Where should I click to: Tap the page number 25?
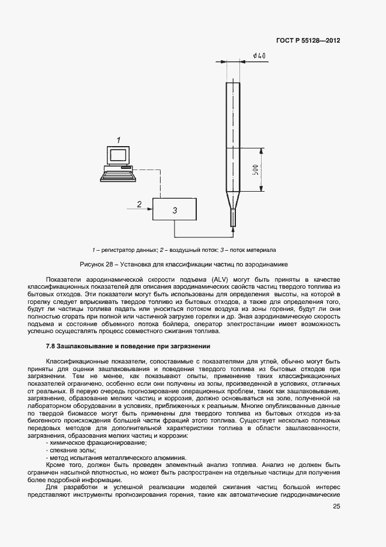point(336,507)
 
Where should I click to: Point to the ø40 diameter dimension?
point(260,56)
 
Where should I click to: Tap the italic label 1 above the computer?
point(119,140)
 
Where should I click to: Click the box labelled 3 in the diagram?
point(175,209)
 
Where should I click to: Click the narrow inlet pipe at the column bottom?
point(234,219)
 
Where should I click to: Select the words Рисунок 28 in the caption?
point(96,264)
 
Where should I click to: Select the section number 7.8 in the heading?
point(51,347)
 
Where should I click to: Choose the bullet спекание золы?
point(71,450)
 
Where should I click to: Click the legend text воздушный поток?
point(190,250)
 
